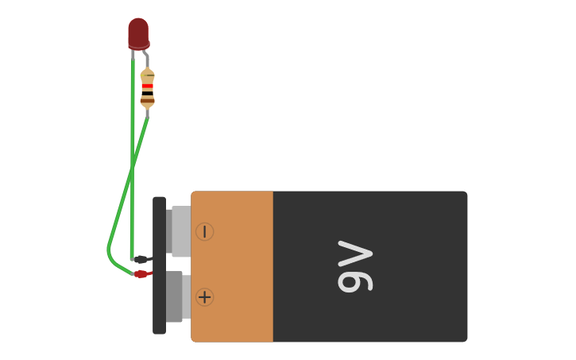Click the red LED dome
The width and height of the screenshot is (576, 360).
click(138, 32)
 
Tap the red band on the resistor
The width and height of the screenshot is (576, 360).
click(147, 86)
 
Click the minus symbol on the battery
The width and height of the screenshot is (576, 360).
click(205, 231)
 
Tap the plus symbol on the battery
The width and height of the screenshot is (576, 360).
click(205, 297)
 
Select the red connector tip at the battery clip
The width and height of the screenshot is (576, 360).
click(143, 274)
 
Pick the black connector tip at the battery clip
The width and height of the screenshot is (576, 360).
click(142, 259)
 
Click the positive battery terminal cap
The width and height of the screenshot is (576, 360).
click(176, 297)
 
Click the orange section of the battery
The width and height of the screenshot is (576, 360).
click(233, 266)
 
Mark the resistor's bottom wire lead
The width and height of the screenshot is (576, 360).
click(147, 113)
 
